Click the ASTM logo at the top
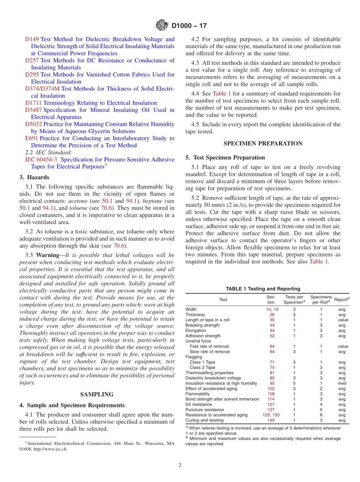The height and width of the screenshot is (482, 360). [162, 26]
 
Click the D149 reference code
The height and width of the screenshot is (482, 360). [32, 39]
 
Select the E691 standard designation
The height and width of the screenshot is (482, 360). [31, 138]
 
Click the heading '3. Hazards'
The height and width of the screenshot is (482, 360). [34, 177]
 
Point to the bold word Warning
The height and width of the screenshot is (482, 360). [47, 255]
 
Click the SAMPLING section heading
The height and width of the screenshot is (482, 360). [97, 394]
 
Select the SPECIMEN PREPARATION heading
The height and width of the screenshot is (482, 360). [263, 144]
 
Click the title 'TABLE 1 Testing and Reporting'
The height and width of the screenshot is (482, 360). [263, 289]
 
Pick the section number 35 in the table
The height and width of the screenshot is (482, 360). [272, 320]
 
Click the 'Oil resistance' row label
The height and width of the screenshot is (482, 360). [199, 405]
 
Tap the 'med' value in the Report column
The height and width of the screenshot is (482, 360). [342, 383]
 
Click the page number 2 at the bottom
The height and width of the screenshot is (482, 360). [180, 466]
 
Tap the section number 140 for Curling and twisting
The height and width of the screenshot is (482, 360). [271, 420]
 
